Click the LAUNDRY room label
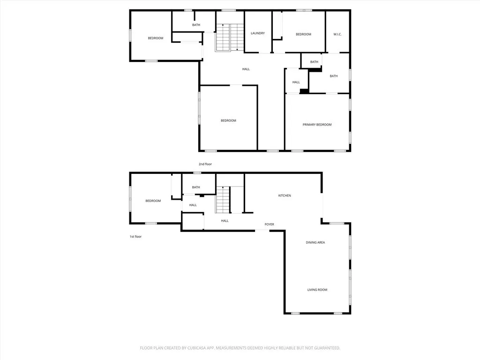click(258, 33)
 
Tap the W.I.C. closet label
click(337, 34)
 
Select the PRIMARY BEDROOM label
click(317, 125)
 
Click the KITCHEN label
click(285, 195)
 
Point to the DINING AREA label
click(315, 242)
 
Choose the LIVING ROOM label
click(317, 290)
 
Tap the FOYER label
click(269, 225)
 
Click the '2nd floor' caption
click(205, 164)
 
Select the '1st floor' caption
click(135, 237)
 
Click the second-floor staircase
click(230, 37)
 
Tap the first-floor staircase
click(224, 199)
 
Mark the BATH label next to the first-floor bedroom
click(195, 187)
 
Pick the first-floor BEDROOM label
click(153, 201)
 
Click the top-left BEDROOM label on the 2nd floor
click(156, 38)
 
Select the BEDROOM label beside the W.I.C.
click(303, 34)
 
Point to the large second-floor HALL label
click(246, 69)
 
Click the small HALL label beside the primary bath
click(296, 82)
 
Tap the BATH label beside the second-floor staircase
click(196, 25)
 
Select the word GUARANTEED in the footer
click(324, 348)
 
